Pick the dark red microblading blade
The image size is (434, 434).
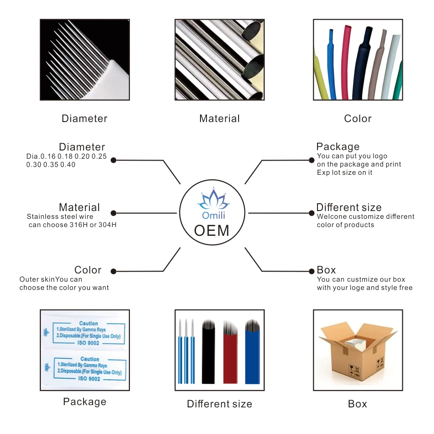coord(230,353)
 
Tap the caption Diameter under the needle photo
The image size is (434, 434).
coord(84,118)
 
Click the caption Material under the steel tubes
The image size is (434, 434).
coord(219,118)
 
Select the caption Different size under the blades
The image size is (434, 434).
coord(219,404)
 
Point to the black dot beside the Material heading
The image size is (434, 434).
coord(113,213)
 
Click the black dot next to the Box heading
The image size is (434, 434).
coord(312,270)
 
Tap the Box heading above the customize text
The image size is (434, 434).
coord(326,270)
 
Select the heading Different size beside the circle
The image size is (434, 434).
coord(349,207)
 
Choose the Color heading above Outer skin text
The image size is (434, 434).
coord(88,270)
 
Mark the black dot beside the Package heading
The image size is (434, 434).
coord(312,160)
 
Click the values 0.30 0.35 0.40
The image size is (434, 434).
coord(51,164)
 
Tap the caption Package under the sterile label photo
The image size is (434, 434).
coord(84,402)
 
